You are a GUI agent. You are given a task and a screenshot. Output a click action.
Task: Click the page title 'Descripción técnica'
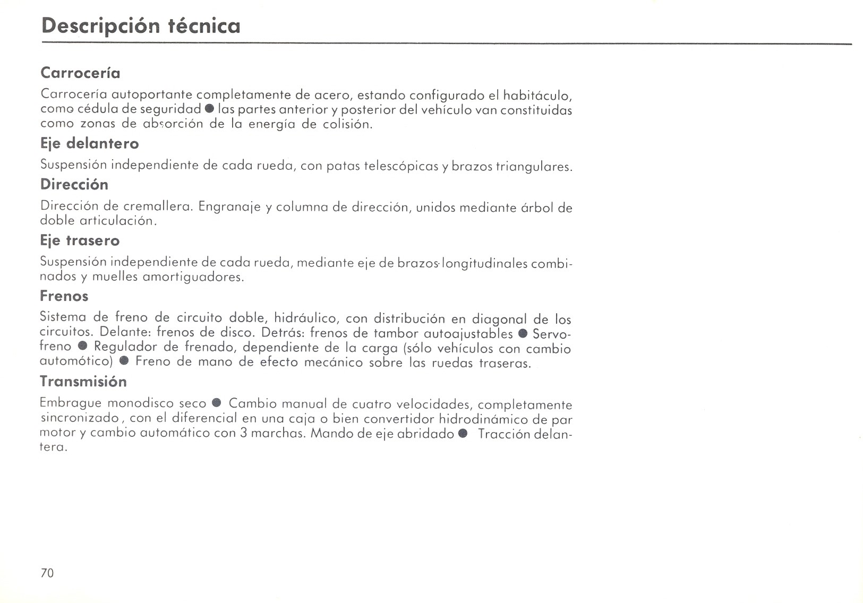tap(141, 26)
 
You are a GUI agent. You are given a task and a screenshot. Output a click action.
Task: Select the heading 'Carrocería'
tap(80, 73)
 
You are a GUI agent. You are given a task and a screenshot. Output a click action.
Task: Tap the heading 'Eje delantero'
tap(90, 144)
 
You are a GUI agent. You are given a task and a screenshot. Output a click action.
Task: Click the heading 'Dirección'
tap(74, 185)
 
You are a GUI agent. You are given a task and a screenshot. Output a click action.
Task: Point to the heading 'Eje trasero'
tap(80, 241)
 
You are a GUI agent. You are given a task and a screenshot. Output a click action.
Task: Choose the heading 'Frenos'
tap(64, 296)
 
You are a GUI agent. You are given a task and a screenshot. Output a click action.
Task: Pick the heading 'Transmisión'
tap(83, 382)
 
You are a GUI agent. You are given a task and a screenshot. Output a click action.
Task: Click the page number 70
tap(47, 573)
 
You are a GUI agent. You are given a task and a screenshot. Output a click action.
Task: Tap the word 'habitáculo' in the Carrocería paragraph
tap(537, 96)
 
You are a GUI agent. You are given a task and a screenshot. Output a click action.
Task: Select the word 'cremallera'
tap(157, 206)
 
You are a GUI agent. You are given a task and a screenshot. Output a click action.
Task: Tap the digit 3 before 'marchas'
tap(243, 433)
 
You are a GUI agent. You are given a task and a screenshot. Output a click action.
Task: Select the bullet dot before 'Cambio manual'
tap(217, 403)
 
